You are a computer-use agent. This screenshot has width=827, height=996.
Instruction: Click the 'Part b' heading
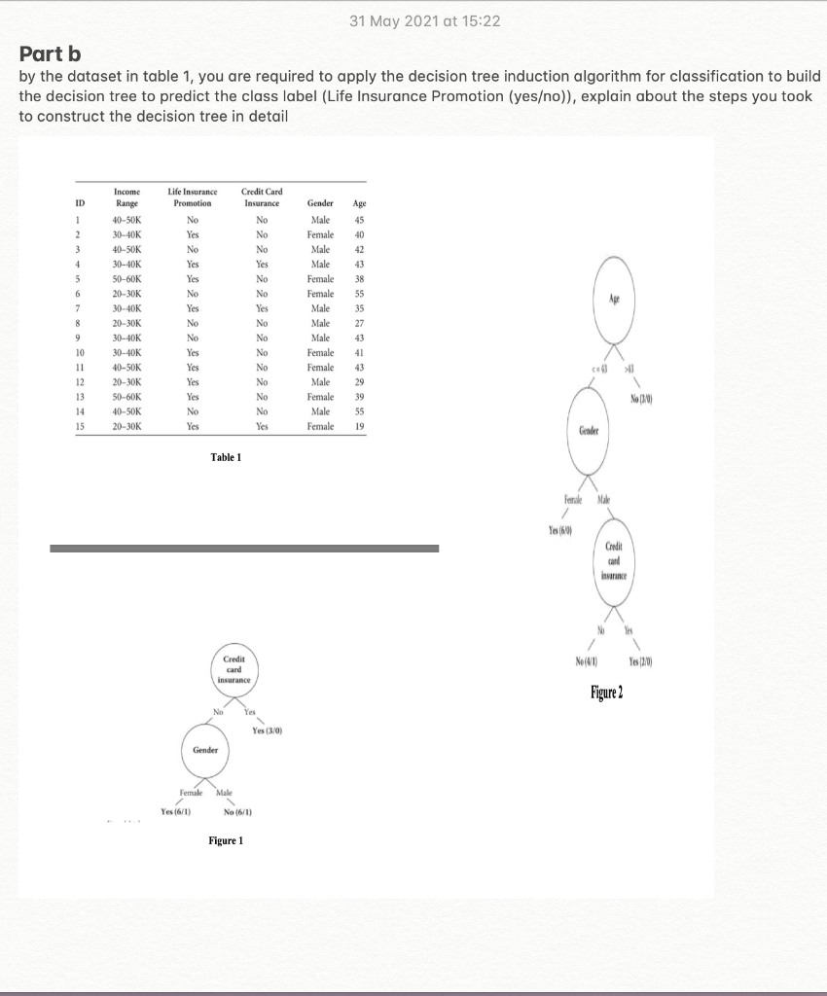[x=54, y=52]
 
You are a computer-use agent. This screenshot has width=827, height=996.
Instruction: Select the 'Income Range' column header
[x=126, y=197]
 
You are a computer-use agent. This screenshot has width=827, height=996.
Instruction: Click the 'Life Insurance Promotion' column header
[x=192, y=197]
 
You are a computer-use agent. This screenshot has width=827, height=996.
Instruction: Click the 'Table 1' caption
[x=225, y=457]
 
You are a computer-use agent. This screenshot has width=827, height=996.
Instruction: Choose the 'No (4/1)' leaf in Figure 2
[x=586, y=661]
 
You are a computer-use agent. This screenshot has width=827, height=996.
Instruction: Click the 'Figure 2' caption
[x=606, y=692]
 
